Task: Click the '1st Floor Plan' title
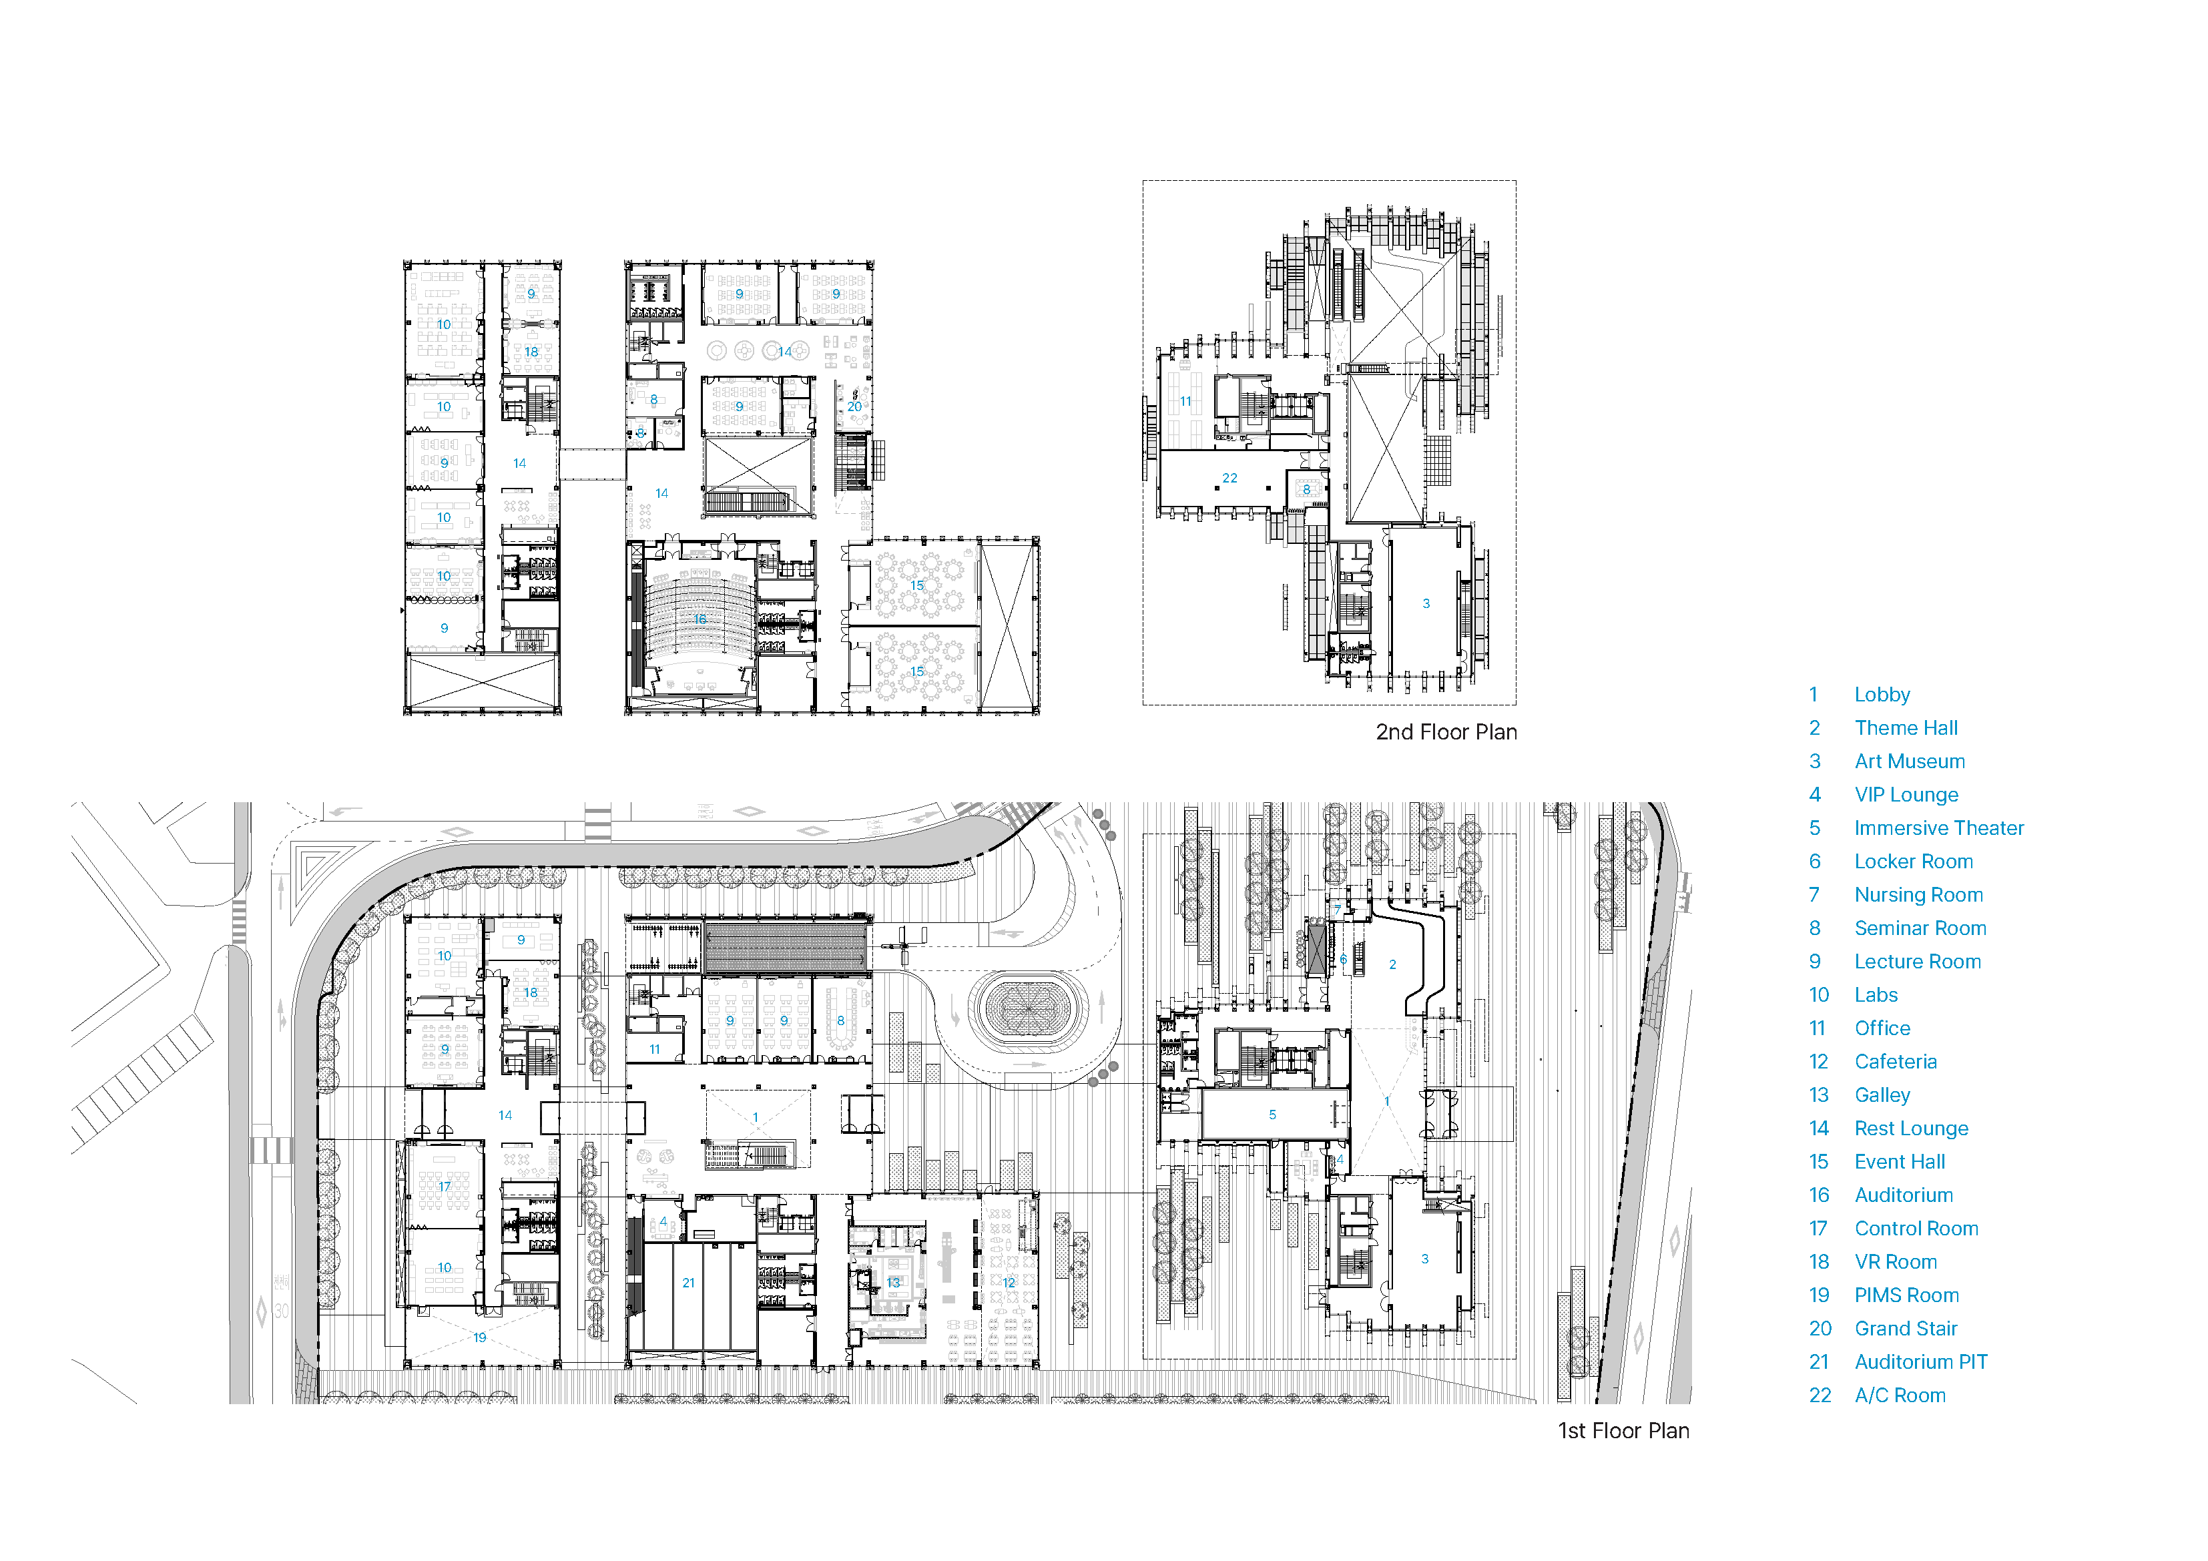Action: coord(1623,1430)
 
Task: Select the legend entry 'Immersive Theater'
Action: coord(1939,828)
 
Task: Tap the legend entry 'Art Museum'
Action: coord(1910,761)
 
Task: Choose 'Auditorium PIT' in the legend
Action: coord(1920,1362)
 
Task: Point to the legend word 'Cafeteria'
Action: coord(1896,1062)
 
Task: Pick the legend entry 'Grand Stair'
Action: coord(1906,1328)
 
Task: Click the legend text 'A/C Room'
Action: coord(1900,1395)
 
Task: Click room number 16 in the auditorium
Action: coord(700,619)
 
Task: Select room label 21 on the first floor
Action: coord(689,1283)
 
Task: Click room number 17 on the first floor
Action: coord(445,1186)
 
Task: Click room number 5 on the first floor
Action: coord(1272,1115)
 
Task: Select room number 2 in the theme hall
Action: coord(1392,964)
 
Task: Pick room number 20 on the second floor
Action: coord(854,407)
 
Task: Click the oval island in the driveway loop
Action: coord(1028,1009)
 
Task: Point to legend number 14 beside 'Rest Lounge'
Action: coord(1818,1128)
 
